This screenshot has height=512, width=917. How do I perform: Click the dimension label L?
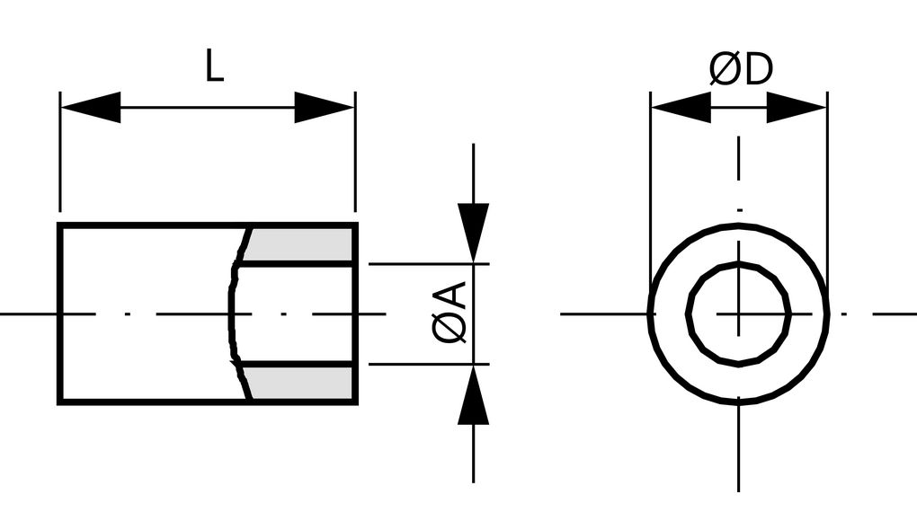click(213, 67)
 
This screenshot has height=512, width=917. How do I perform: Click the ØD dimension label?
click(741, 70)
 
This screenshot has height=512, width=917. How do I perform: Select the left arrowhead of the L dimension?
click(90, 108)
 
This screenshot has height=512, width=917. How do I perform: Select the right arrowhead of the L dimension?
click(325, 108)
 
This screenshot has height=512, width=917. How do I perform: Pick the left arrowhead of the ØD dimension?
click(681, 108)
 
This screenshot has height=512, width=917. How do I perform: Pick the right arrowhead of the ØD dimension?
click(797, 108)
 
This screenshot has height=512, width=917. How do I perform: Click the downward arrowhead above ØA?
click(473, 232)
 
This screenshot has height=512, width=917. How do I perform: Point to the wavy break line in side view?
click(232, 313)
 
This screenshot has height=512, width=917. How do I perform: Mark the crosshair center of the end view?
click(739, 313)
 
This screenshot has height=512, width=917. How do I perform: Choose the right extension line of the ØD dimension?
click(827, 180)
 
